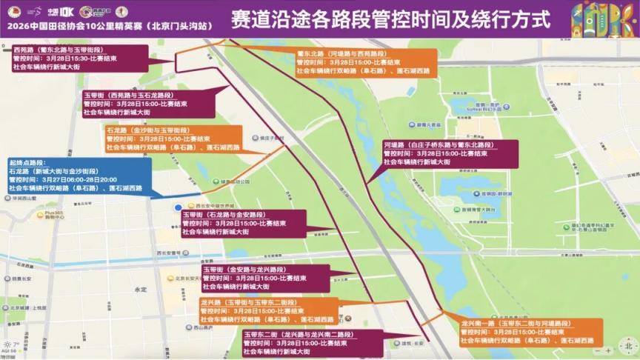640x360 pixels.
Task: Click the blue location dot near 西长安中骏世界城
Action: (x=178, y=208)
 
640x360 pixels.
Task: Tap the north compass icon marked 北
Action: (x=627, y=345)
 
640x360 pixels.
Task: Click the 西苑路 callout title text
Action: (x=57, y=50)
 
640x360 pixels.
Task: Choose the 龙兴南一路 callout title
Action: (x=510, y=324)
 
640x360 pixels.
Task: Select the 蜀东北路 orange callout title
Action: (x=341, y=53)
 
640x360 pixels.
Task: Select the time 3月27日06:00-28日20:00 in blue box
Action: (x=76, y=179)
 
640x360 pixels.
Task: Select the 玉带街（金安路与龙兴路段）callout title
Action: (x=244, y=270)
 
